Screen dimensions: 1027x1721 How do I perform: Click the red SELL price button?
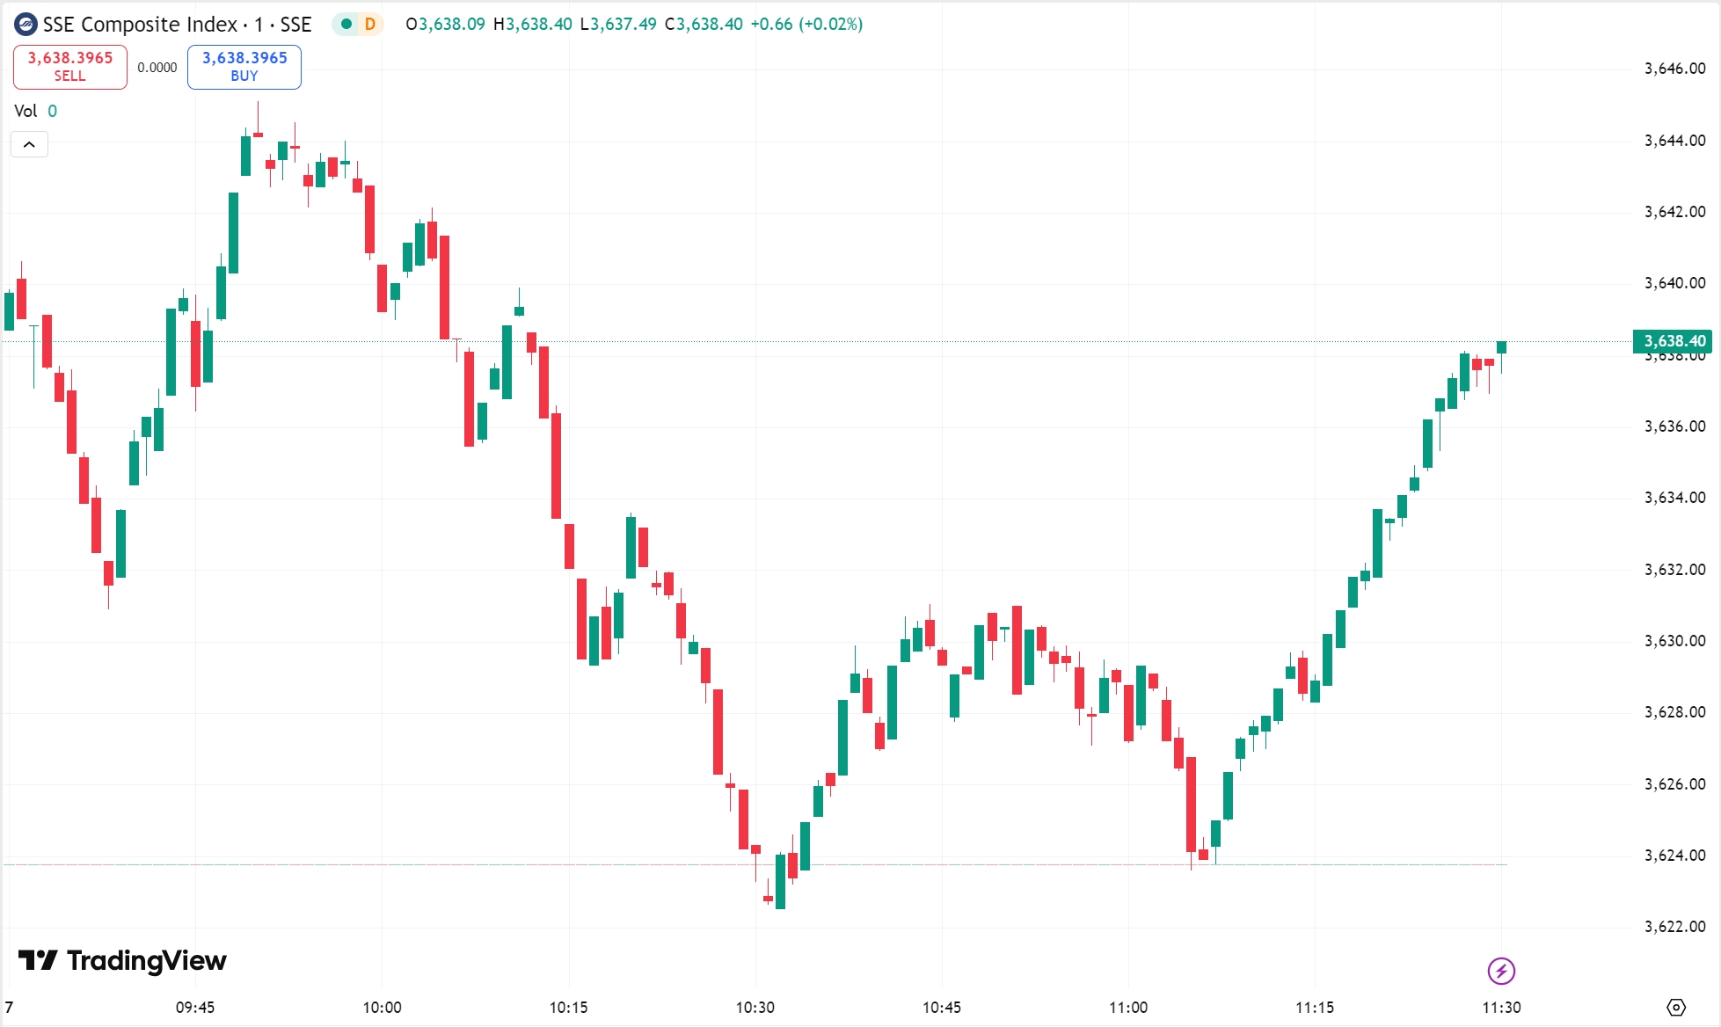pyautogui.click(x=70, y=67)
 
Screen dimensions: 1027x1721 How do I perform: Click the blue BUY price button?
pyautogui.click(x=244, y=67)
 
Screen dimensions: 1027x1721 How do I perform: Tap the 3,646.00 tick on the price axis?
pyautogui.click(x=1674, y=69)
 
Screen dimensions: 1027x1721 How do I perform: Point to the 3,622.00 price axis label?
pyautogui.click(x=1674, y=927)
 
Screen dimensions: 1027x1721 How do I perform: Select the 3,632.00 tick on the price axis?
pyautogui.click(x=1674, y=570)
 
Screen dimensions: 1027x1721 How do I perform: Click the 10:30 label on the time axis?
pyautogui.click(x=755, y=1008)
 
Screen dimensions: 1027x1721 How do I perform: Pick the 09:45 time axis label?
pyautogui.click(x=195, y=1008)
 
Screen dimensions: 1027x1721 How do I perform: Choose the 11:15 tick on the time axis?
pyautogui.click(x=1315, y=1008)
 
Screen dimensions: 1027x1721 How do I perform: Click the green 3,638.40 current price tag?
pyautogui.click(x=1673, y=341)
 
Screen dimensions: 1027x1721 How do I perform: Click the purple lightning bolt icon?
pyautogui.click(x=1501, y=971)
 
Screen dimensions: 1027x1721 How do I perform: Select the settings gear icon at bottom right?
pyautogui.click(x=1676, y=1008)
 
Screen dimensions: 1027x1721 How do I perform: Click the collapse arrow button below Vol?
pyautogui.click(x=29, y=144)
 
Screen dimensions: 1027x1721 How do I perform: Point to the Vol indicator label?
pyautogui.click(x=26, y=111)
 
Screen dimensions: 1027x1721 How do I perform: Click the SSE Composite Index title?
pyautogui.click(x=141, y=25)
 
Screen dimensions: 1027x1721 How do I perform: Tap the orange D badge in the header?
pyautogui.click(x=370, y=25)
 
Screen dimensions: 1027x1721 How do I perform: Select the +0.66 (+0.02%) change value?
pyautogui.click(x=806, y=25)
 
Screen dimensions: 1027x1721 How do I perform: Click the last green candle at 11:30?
pyautogui.click(x=1502, y=347)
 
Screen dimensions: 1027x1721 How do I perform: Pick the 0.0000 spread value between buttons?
pyautogui.click(x=157, y=68)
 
